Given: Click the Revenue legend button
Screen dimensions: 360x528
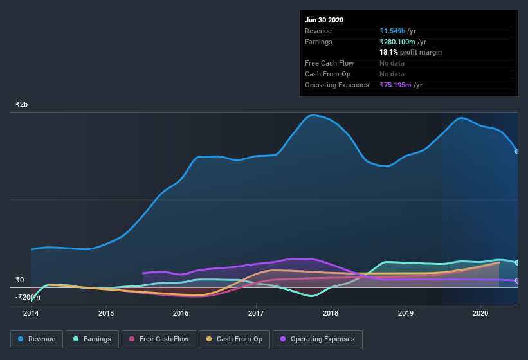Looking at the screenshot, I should pos(37,339).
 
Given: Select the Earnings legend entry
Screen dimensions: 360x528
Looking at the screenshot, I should pos(92,339).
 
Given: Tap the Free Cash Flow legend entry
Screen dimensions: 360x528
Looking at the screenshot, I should pos(159,339).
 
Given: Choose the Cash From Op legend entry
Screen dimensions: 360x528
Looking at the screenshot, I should pos(235,339).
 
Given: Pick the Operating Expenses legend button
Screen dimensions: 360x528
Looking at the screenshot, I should pos(317,339).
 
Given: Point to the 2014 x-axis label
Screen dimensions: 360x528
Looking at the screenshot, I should pos(31,313).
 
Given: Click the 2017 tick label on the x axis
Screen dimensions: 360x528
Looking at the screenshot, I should pos(256,313).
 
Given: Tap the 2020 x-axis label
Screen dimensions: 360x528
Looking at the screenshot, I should pos(480,313).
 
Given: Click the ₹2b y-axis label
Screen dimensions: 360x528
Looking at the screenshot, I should pos(22,104).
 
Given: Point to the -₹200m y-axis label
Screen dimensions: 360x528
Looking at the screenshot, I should pos(28,297).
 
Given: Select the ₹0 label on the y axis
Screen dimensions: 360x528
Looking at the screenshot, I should pos(19,280).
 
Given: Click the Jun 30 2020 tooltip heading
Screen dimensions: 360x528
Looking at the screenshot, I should pos(324,20).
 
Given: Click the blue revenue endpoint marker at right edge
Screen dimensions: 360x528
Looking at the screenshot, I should pos(517,151).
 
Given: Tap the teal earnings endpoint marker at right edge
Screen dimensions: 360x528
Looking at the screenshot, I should pos(517,262).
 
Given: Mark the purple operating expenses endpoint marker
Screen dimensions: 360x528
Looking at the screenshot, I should pos(517,280).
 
